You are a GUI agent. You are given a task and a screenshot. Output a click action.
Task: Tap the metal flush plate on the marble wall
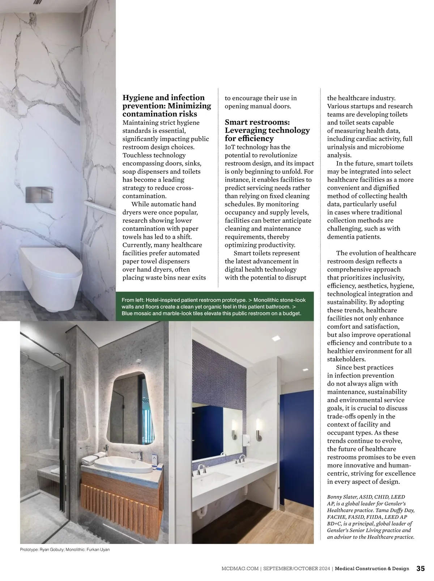pos(39,194)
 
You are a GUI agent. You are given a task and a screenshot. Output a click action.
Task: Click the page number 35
pos(420,568)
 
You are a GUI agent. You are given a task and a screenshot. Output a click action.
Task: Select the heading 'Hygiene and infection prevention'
pos(167,106)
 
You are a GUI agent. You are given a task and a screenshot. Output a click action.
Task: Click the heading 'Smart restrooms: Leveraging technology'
pos(267,130)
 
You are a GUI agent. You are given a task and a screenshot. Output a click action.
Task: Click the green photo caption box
pos(214,306)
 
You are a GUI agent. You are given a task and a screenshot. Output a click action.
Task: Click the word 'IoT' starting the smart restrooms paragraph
pos(230,147)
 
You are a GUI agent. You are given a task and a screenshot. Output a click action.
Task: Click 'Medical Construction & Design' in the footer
pos(372,569)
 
